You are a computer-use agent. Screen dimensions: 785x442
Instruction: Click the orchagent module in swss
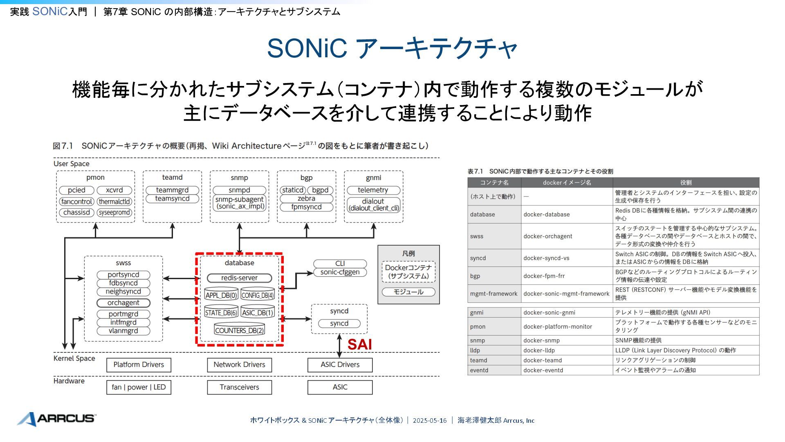(x=123, y=303)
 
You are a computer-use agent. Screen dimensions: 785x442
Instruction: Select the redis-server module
(x=239, y=278)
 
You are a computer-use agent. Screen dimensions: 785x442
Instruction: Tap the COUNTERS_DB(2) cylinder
(x=239, y=330)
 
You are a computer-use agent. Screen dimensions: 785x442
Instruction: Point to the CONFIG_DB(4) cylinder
(x=257, y=295)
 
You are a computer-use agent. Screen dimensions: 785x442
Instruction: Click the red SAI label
(x=359, y=345)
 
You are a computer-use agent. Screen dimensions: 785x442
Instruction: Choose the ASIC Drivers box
(x=340, y=365)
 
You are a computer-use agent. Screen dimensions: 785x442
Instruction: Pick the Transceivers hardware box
(x=239, y=387)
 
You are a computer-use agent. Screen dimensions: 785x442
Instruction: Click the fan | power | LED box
(x=139, y=387)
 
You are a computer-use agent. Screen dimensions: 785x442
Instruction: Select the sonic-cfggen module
(x=340, y=272)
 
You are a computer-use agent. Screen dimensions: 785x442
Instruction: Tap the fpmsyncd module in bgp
(x=306, y=207)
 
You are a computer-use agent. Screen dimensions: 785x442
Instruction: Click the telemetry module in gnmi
(x=373, y=190)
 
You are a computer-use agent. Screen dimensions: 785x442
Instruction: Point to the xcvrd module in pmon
(x=114, y=190)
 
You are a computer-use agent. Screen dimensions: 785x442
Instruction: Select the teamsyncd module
(x=172, y=198)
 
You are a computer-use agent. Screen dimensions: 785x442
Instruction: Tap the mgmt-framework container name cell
(x=494, y=293)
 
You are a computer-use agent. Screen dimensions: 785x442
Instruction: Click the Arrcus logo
(x=56, y=418)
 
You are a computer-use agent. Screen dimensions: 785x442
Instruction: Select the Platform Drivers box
(x=139, y=365)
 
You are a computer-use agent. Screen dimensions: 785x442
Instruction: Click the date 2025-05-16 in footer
(x=430, y=420)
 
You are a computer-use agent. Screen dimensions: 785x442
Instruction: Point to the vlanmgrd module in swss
(x=123, y=331)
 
